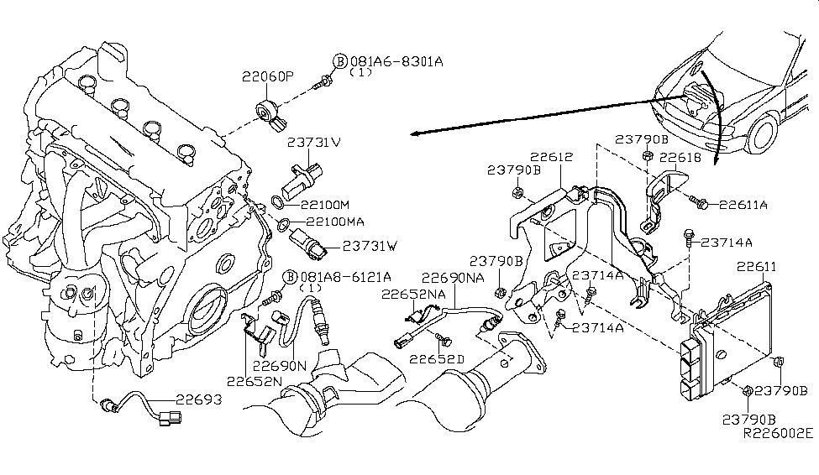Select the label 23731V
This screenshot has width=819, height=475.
pyautogui.click(x=314, y=142)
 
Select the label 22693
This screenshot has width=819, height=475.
pyautogui.click(x=198, y=399)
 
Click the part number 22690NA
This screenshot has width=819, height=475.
pyautogui.click(x=453, y=277)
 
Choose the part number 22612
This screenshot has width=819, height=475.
pyautogui.click(x=552, y=155)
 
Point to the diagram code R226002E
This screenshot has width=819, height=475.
pyautogui.click(x=777, y=434)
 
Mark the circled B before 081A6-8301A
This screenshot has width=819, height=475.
pyautogui.click(x=339, y=61)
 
